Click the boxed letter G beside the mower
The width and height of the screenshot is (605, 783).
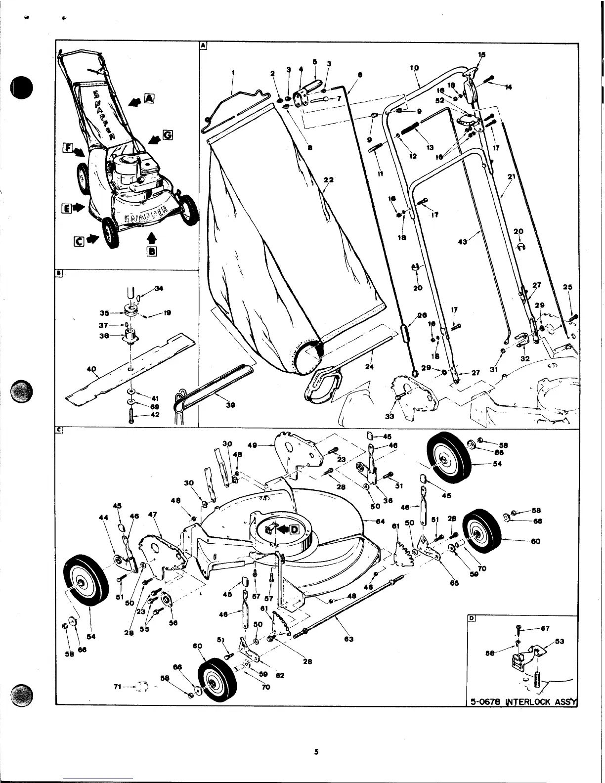[168, 134]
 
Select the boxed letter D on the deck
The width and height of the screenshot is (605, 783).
[294, 529]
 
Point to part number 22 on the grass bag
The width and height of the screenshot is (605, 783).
[327, 180]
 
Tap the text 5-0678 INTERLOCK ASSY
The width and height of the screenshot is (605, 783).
[522, 700]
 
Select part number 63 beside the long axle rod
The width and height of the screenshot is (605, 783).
[348, 639]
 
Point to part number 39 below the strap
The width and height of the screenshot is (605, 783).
[230, 405]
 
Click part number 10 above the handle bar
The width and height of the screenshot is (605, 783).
[414, 67]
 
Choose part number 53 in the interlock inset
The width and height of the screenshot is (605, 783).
[560, 641]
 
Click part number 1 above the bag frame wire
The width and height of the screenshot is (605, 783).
[232, 73]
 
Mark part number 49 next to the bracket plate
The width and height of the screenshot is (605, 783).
[252, 445]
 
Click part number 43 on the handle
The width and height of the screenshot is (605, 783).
[463, 242]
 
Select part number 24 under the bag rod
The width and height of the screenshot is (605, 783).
[369, 366]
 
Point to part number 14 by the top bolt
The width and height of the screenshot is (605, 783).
[509, 87]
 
